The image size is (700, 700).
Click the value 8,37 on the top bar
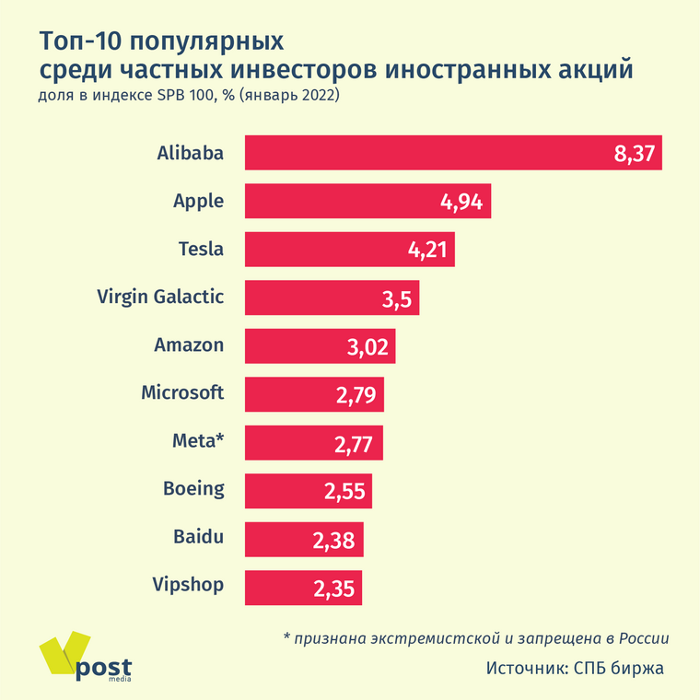pos(635,154)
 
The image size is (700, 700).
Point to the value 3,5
pos(400,298)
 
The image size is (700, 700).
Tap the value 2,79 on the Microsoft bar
pos(354,395)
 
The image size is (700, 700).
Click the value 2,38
pos(333,541)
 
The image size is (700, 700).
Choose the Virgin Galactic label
pos(160,297)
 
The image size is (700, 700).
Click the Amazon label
pos(189,345)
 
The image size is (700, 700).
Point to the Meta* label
pos(198,440)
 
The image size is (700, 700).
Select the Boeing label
pos(193,488)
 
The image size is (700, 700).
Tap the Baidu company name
pos(199,536)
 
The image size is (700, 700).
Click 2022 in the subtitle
pos(317,96)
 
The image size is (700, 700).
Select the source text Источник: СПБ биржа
pos(575,668)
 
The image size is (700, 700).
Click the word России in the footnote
pos(640,637)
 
